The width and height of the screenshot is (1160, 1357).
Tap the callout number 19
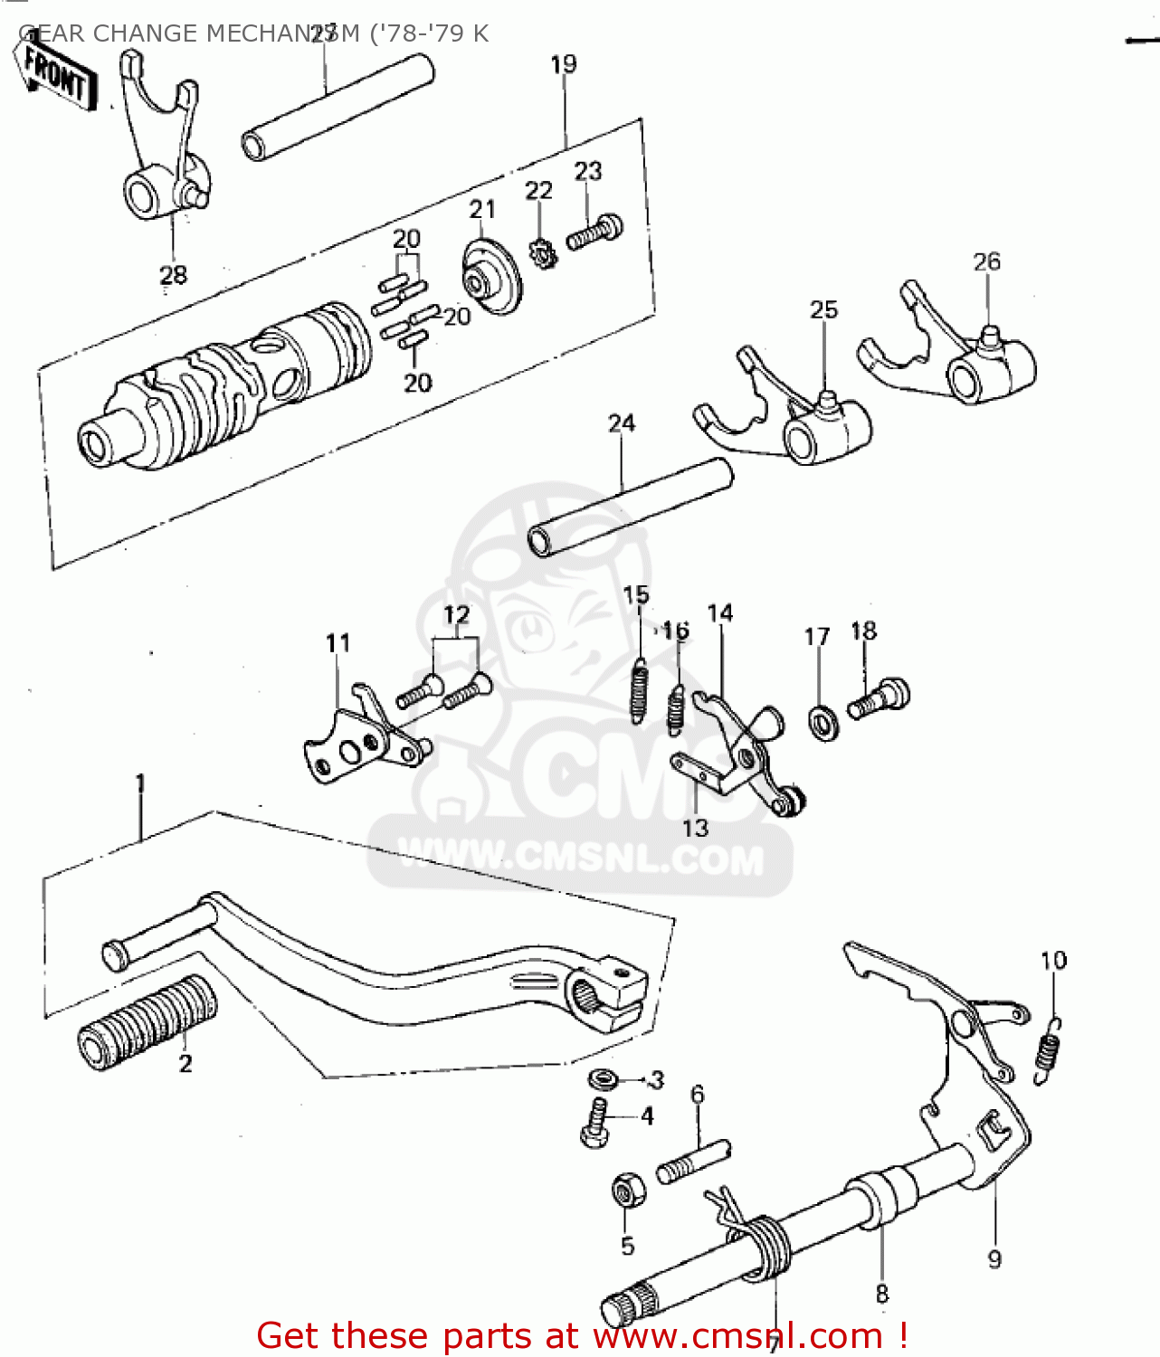coord(563,64)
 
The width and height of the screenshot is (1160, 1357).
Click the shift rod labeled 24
coord(631,507)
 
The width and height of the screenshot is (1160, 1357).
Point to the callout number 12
coord(456,615)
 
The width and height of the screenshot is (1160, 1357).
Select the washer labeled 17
coord(822,723)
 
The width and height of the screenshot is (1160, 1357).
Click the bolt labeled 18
coord(879,698)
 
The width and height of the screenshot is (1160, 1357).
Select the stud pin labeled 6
coord(692,1162)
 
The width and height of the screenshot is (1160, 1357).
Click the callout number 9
coord(994,1259)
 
